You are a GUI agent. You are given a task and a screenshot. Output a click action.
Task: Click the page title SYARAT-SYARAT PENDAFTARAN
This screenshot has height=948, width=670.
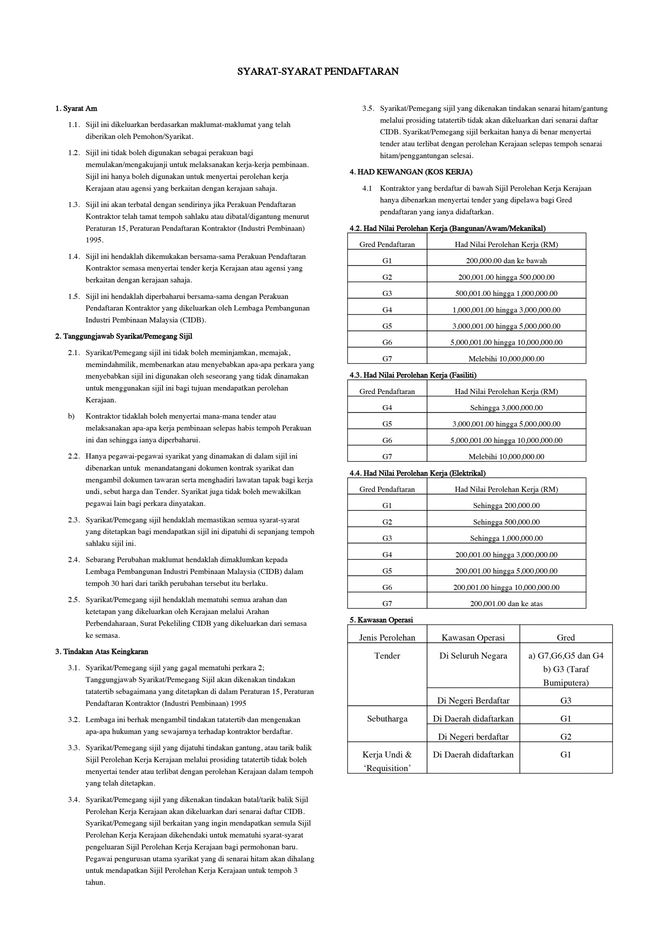(x=318, y=71)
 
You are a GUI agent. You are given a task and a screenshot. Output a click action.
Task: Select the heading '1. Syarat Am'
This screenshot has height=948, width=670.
(x=76, y=109)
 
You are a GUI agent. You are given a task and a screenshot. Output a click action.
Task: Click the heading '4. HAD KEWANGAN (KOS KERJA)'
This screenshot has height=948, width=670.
(x=411, y=172)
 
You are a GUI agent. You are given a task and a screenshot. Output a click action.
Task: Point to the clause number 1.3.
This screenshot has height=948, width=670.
(x=74, y=205)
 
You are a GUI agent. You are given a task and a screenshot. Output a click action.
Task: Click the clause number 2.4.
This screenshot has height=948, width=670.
(x=74, y=560)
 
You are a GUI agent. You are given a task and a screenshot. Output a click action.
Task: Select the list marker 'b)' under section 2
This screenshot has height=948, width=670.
(x=71, y=416)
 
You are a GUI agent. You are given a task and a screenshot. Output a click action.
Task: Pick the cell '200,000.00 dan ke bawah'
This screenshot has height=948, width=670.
(x=506, y=261)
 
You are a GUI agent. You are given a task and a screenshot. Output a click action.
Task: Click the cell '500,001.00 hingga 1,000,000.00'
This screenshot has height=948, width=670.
(x=506, y=294)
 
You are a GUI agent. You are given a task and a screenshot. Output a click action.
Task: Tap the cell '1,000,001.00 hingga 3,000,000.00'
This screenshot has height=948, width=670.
(x=506, y=310)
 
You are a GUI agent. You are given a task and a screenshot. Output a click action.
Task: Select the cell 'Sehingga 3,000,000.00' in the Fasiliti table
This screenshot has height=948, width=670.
(x=506, y=408)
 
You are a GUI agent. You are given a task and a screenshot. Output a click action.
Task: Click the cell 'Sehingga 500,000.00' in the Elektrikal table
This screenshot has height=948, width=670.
(x=506, y=522)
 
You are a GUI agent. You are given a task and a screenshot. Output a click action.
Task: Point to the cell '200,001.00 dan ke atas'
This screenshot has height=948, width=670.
(x=506, y=604)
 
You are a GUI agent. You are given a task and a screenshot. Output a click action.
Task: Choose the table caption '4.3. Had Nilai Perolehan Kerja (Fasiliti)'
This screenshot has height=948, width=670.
(x=413, y=375)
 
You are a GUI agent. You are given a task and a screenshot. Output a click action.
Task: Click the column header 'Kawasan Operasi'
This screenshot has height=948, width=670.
(x=473, y=638)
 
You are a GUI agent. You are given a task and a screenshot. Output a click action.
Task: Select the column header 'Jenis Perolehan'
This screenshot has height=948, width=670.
(x=387, y=638)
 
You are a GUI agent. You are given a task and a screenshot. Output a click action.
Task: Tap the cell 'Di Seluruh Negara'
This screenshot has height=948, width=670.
(x=473, y=656)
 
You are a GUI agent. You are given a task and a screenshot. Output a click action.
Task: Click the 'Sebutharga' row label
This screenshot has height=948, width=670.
(x=387, y=719)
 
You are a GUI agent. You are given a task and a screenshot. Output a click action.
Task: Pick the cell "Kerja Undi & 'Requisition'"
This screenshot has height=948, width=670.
(x=387, y=761)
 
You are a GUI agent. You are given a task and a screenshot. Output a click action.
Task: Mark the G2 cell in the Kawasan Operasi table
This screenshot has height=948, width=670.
(x=566, y=737)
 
